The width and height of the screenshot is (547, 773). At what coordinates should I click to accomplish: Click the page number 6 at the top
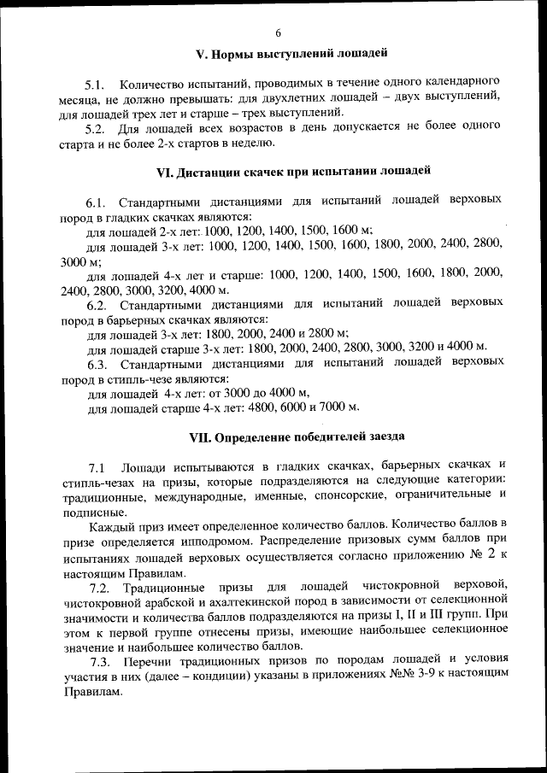pos(279,33)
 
